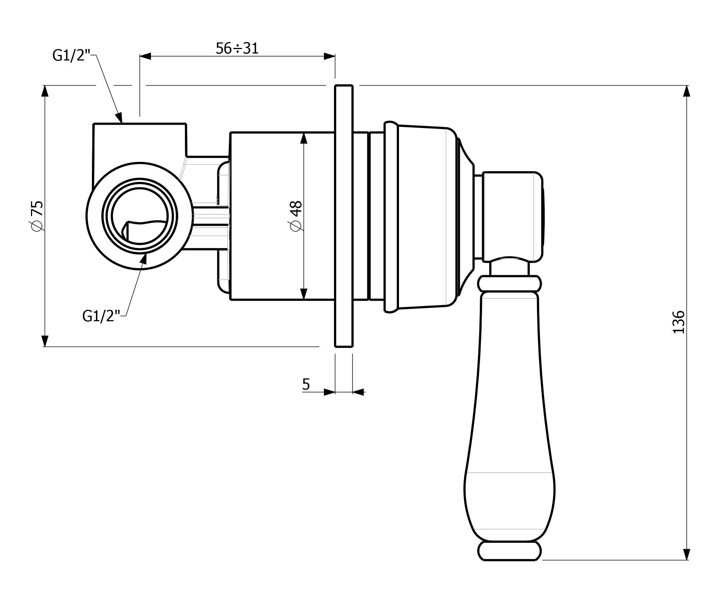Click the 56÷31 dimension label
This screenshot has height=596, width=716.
pos(237,48)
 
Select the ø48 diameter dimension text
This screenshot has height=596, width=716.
pos(296,216)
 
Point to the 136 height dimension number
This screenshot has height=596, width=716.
pos(678,322)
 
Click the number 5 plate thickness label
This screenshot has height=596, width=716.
pos(306,384)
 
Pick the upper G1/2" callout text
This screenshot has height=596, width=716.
pos(71,55)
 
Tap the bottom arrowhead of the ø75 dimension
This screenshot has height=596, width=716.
pos(45,341)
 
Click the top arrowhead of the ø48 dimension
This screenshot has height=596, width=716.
pos(303,138)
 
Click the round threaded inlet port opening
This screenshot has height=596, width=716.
pos(140,216)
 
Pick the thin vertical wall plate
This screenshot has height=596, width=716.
pos(344,216)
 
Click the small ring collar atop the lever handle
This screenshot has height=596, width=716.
pos(510,284)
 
